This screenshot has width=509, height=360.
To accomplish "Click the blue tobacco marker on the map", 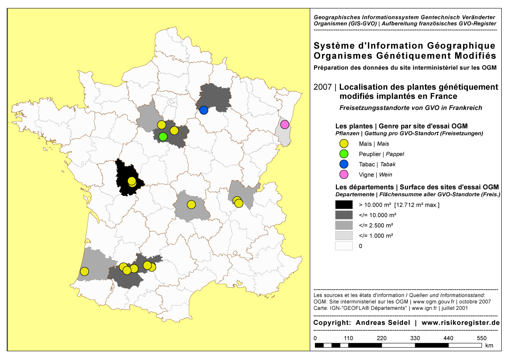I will point(204,110).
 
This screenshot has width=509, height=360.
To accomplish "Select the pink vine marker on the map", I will point(284,125).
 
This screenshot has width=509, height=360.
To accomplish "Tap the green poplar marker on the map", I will point(163,136).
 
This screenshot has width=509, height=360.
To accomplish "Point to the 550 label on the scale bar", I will point(482,338).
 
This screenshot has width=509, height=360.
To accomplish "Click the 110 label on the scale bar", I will point(348,338).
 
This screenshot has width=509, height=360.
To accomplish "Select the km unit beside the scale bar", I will point(489,345).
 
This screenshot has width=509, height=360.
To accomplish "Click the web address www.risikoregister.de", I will point(461,322).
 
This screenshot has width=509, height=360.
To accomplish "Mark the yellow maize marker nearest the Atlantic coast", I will point(84,271).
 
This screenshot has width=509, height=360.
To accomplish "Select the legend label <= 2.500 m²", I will point(377,225).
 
